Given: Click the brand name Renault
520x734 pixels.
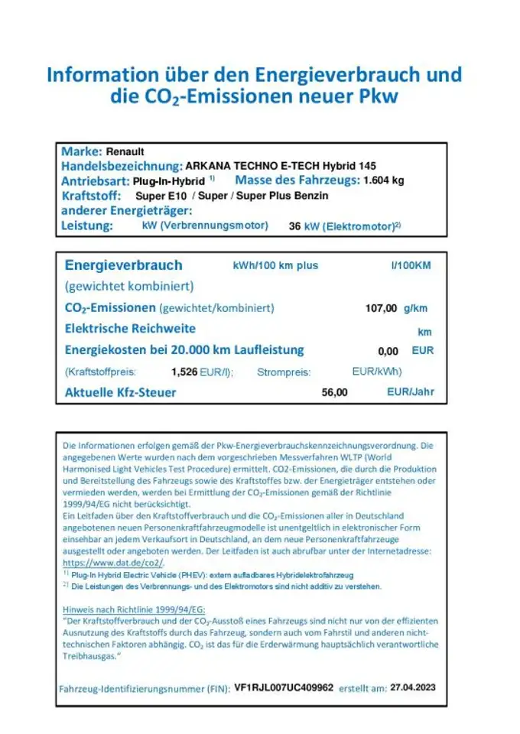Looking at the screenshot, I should (124, 151).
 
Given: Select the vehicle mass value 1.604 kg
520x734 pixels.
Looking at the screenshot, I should (383, 180).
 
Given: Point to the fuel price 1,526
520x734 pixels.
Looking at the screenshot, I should (184, 372).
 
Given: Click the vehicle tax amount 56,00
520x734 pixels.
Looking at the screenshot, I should (335, 392).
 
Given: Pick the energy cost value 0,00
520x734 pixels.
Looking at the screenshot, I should (388, 351).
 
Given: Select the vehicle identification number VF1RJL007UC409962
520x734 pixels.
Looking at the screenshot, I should (283, 687).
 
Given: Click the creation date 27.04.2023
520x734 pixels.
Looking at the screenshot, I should (413, 687).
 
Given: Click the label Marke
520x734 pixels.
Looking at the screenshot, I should (81, 151).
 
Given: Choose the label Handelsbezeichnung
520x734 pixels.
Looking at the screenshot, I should (121, 166).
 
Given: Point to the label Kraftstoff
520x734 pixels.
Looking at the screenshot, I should (91, 196).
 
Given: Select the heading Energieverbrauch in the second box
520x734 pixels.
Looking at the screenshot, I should (123, 265).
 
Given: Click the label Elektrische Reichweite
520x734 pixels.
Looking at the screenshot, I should (130, 329).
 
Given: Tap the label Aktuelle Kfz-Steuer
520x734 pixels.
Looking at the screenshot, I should (120, 392).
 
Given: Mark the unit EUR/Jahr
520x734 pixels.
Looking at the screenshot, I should (411, 391).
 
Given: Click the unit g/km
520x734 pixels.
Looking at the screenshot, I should (415, 308).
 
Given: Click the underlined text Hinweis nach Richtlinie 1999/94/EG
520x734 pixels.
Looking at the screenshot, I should (134, 609).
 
